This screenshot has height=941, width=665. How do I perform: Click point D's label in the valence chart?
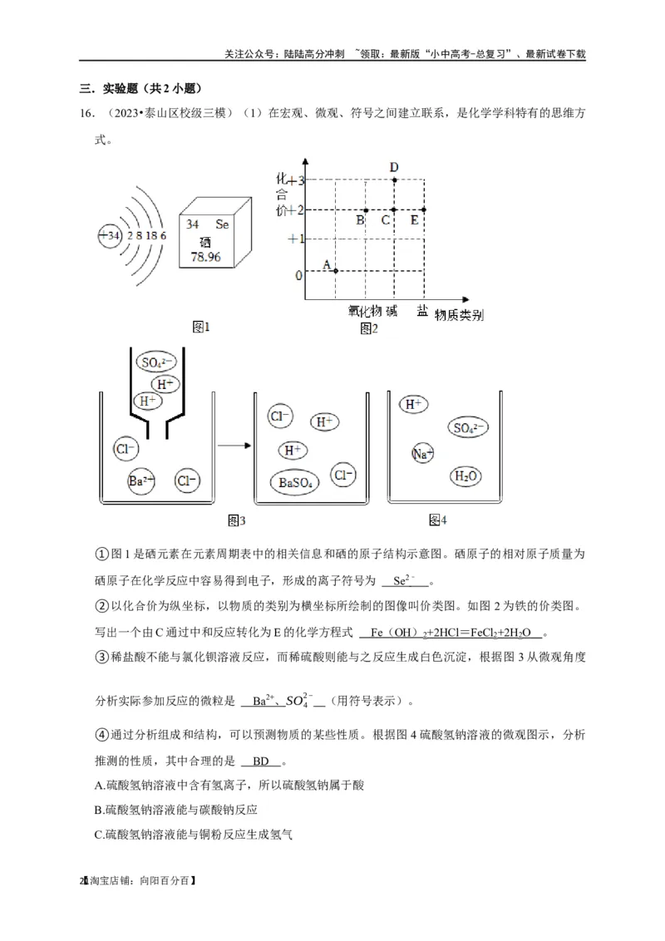(x=394, y=167)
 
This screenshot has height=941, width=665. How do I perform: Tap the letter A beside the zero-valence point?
(x=327, y=264)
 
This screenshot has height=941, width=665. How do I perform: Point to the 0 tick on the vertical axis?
(x=299, y=275)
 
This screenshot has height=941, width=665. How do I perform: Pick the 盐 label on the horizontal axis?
(x=423, y=311)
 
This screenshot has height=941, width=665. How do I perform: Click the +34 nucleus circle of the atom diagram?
(x=110, y=236)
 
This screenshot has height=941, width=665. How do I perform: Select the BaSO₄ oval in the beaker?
(x=295, y=481)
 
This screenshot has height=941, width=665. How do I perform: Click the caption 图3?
(x=237, y=520)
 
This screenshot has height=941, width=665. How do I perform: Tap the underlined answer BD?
(x=261, y=761)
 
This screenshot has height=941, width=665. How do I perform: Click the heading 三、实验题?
(x=140, y=88)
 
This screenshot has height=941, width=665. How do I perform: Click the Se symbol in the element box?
(x=222, y=224)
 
